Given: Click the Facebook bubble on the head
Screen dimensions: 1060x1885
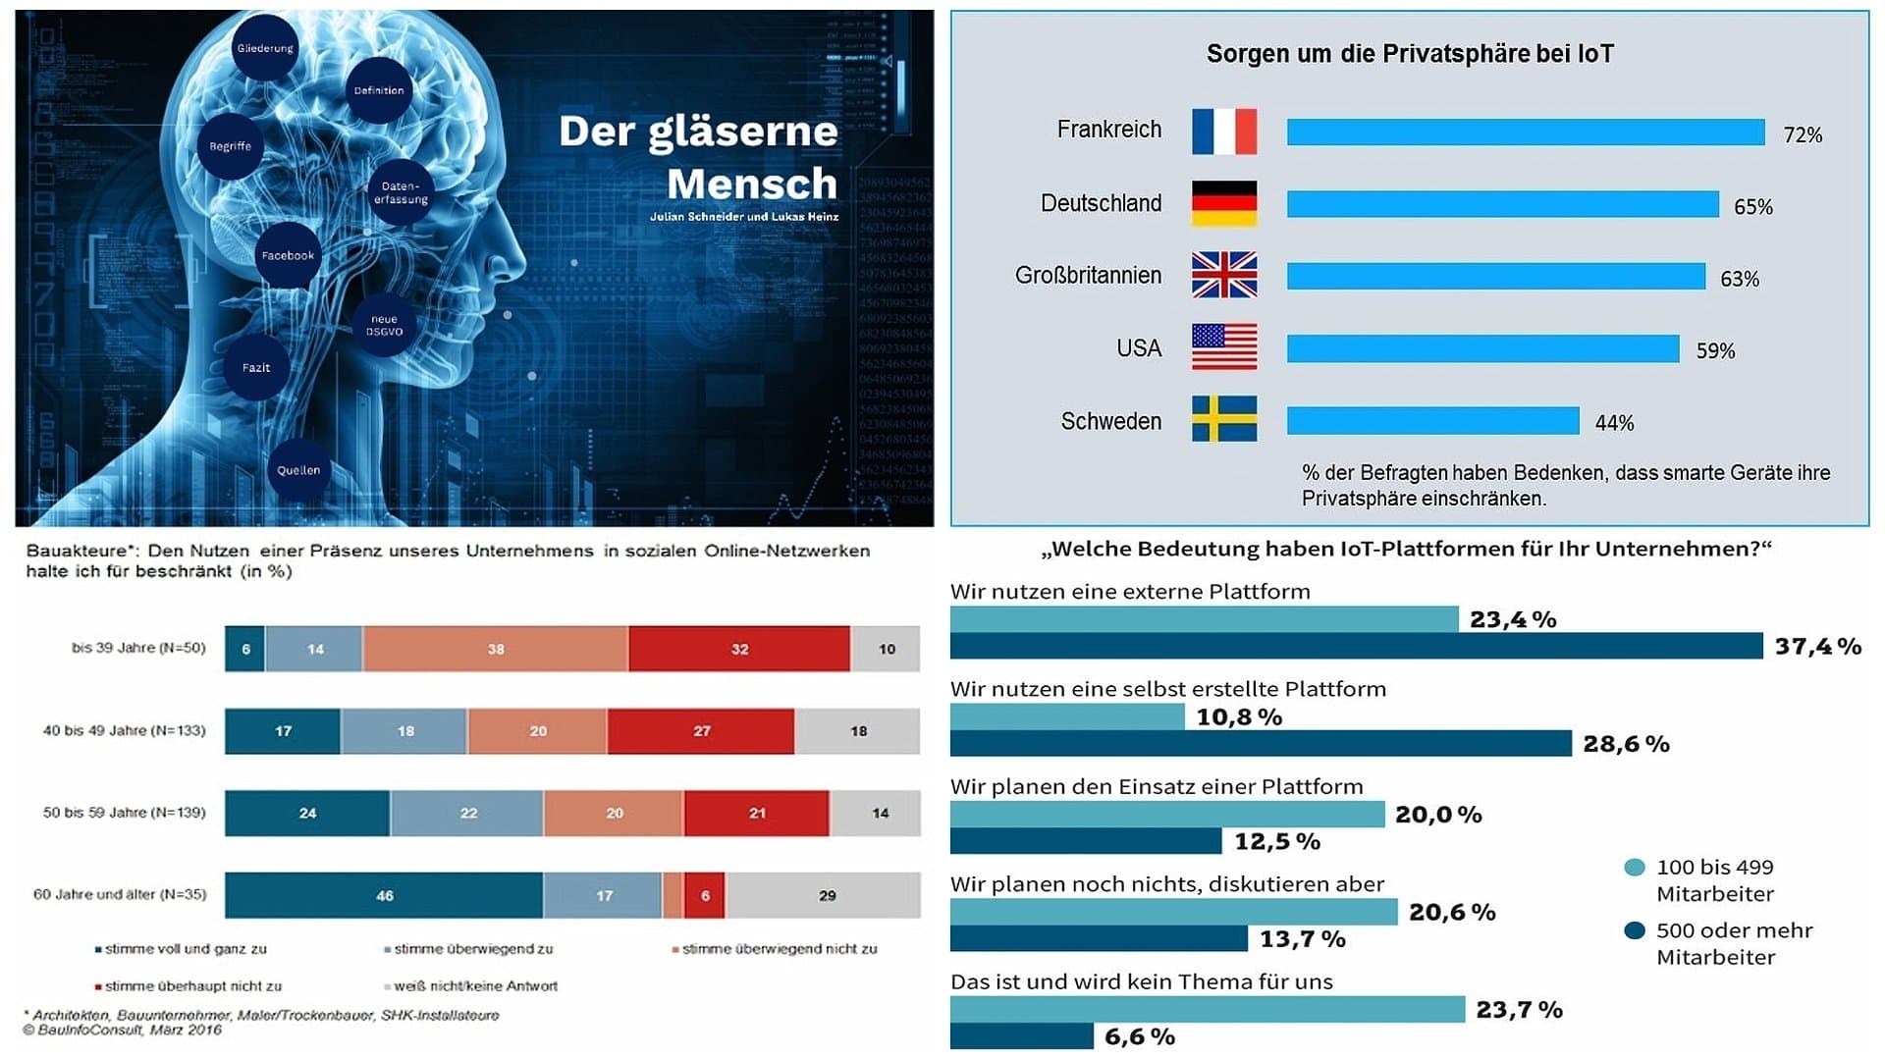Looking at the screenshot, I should (288, 255).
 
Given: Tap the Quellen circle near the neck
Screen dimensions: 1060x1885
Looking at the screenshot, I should (298, 470).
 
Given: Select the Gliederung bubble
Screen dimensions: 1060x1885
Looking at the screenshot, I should (265, 48).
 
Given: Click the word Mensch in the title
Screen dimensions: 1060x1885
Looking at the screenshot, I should (752, 185).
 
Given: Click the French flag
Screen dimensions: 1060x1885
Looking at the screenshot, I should (1223, 132).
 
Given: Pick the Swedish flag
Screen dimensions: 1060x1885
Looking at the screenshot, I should (1223, 419).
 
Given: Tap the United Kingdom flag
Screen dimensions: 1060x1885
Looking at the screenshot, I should (1223, 275).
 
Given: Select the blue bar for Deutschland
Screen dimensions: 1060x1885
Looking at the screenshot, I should (1502, 204).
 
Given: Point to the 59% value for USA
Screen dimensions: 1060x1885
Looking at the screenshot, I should (1715, 351).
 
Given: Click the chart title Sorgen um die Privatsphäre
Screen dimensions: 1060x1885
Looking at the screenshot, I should (1409, 54).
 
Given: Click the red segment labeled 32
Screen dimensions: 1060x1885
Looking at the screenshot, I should (739, 649).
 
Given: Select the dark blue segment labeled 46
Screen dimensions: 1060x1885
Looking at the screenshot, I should (384, 895).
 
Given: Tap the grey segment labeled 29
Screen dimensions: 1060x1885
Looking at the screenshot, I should (827, 895).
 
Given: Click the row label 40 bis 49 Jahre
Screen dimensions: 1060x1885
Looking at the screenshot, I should (124, 730).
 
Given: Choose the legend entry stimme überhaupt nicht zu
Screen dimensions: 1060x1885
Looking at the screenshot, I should (192, 985).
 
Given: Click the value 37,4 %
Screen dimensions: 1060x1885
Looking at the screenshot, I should (1817, 646).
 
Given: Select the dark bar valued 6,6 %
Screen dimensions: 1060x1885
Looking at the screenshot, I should (1021, 1036).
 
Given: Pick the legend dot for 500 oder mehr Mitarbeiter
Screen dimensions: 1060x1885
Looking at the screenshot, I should (1634, 930).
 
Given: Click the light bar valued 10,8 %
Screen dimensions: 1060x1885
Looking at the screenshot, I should (1067, 716).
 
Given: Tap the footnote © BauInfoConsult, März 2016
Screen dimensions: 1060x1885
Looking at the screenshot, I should (123, 1030).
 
